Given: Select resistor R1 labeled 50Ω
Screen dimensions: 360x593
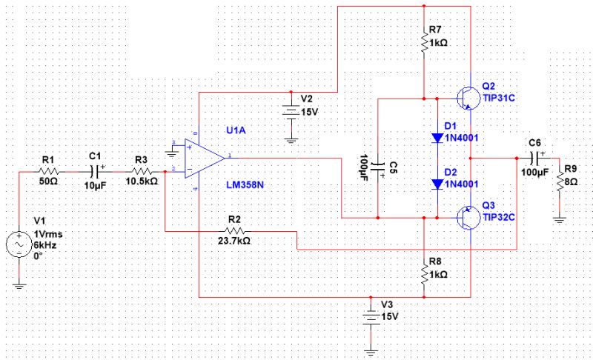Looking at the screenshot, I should (50, 170).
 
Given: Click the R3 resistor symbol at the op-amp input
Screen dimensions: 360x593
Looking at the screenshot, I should (141, 170).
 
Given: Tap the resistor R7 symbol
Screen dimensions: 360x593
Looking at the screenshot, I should (423, 44).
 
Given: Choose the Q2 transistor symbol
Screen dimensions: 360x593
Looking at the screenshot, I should (466, 97).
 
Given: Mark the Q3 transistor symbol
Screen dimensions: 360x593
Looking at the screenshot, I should (466, 218).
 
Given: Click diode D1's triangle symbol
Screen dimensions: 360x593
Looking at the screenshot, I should (437, 138).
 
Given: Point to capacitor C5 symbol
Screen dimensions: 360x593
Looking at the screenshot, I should (378, 164).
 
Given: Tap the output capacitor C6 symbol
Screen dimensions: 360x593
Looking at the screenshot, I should (534, 159).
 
